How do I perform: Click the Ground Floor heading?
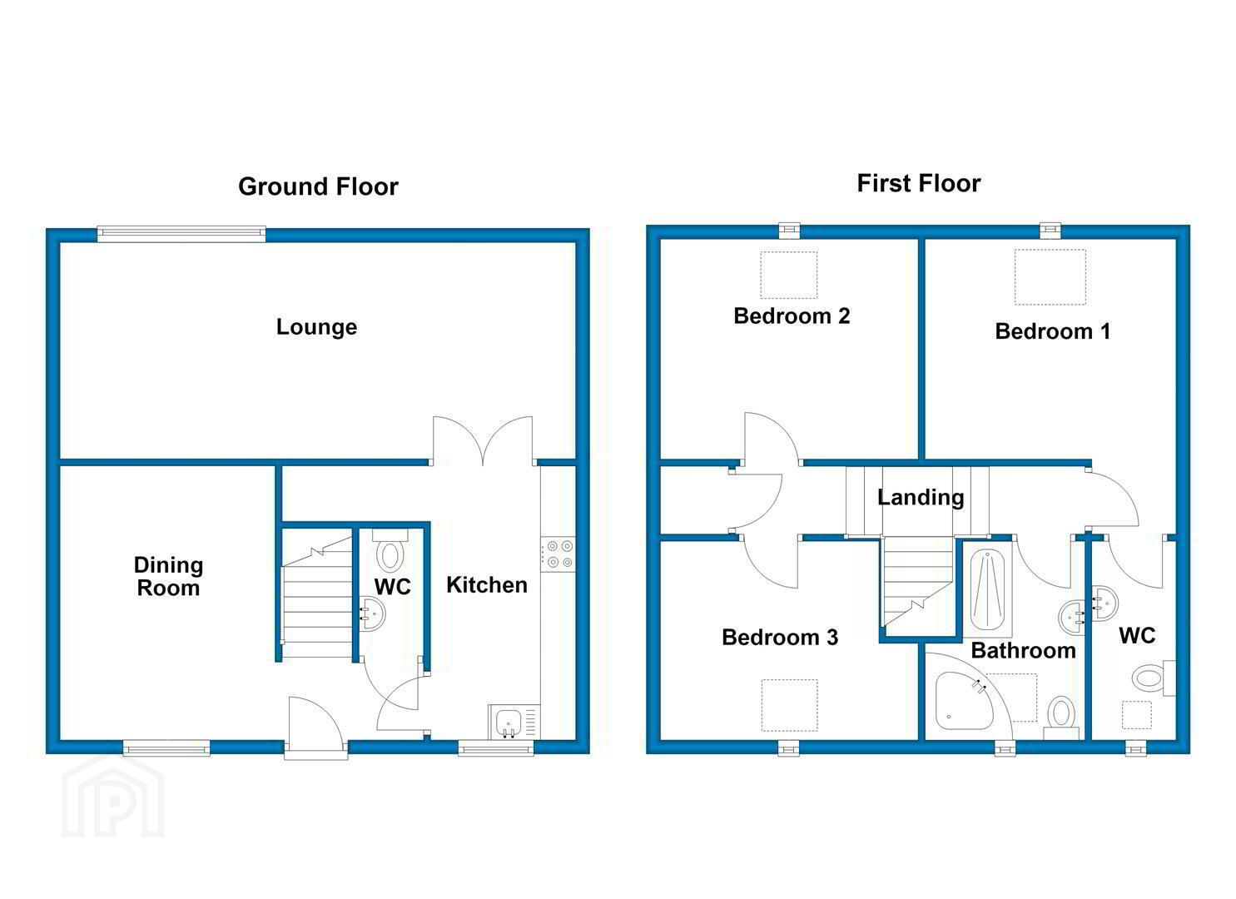(318, 186)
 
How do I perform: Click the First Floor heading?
(919, 183)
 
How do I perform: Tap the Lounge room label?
(317, 327)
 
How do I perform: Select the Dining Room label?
(168, 576)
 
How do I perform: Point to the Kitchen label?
(487, 585)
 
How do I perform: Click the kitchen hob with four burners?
(558, 554)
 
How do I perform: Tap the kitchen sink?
(514, 722)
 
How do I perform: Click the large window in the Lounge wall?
(181, 235)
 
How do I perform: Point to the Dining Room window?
(166, 748)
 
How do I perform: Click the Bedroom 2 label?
(792, 316)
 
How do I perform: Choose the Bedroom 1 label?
(1052, 331)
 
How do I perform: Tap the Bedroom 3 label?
(780, 638)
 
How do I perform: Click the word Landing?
(921, 498)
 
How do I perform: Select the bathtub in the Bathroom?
(988, 589)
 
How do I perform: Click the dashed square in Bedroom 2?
(788, 275)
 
